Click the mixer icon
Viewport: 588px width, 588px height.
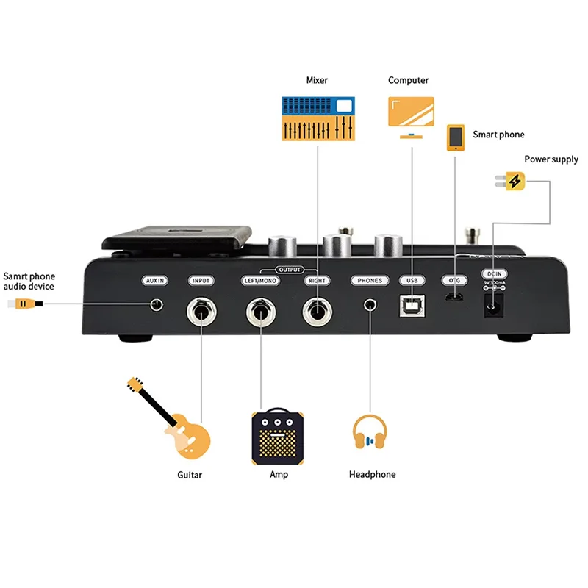click(x=318, y=119)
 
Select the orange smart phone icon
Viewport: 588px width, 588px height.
click(x=456, y=138)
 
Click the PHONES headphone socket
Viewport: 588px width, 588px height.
click(x=370, y=304)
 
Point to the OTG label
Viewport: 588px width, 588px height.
click(x=453, y=280)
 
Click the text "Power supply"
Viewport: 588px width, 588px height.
click(x=551, y=159)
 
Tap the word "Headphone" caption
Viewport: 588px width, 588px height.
click(x=372, y=475)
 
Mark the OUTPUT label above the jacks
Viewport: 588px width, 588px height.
click(x=289, y=270)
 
